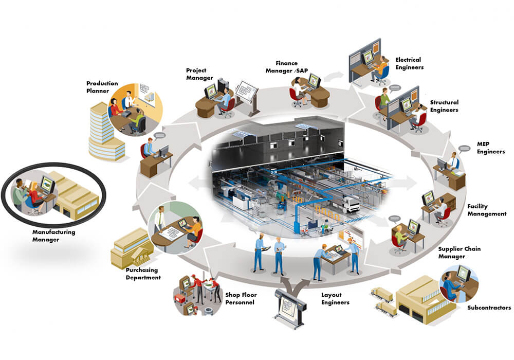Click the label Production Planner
102,86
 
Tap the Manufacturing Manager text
53,236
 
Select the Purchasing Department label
143,274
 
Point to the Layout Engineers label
335,299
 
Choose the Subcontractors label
489,308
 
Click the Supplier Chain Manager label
459,253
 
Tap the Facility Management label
486,210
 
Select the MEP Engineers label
490,148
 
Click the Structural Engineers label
444,106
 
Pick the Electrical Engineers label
409,63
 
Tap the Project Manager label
199,74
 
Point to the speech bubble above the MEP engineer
464,148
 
